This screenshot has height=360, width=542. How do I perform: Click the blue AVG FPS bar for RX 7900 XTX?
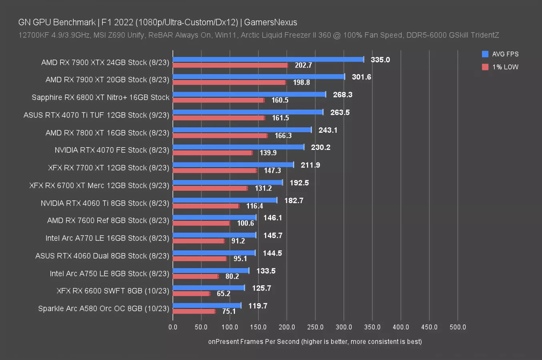[x=268, y=60]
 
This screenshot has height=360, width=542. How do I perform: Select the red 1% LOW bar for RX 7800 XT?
[x=220, y=136]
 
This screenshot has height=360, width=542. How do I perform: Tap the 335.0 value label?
[x=380, y=60]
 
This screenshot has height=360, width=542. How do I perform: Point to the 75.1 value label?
[x=229, y=311]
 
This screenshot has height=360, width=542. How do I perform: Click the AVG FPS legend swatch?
[x=485, y=54]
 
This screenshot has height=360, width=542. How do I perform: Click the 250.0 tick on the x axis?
[x=315, y=327]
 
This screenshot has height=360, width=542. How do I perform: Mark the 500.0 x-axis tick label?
[x=458, y=327]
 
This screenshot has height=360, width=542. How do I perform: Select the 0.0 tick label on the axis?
[x=173, y=327]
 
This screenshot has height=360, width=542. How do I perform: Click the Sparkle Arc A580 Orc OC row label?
[x=104, y=308]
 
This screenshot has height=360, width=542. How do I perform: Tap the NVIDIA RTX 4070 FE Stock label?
[x=112, y=150]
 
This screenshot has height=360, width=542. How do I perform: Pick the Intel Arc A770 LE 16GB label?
[x=107, y=238]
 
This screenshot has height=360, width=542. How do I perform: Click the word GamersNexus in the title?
[x=271, y=22]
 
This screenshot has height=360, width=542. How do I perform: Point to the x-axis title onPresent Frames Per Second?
[x=315, y=342]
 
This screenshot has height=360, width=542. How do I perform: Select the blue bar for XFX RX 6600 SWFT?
[x=209, y=288]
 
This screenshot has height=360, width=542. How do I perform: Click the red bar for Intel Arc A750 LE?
[x=195, y=276]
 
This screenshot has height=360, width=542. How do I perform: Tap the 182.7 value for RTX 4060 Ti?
[x=294, y=200]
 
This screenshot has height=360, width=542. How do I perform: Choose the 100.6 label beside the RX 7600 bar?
[x=245, y=223]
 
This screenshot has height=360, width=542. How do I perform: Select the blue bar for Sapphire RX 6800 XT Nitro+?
[x=249, y=94]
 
